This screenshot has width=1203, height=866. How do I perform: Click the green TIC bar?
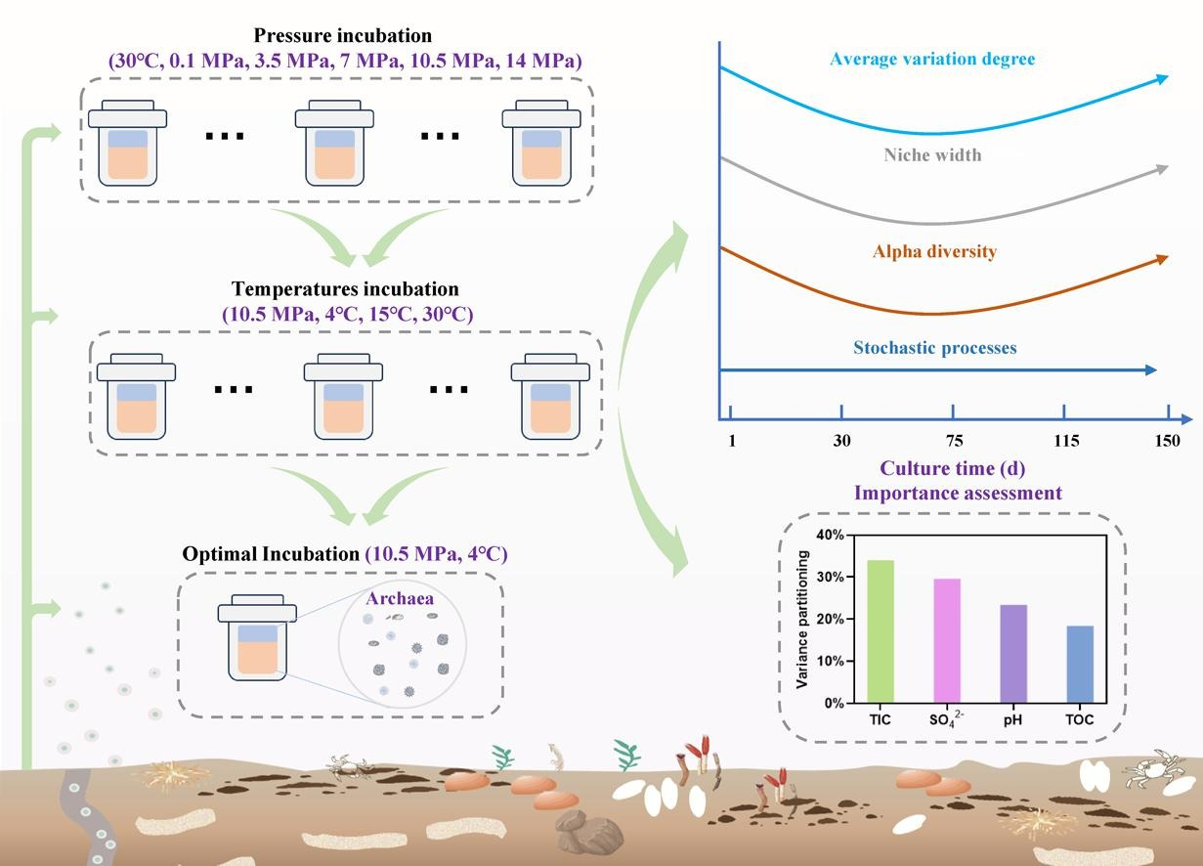[x=881, y=630]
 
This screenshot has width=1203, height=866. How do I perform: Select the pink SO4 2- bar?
[x=947, y=640]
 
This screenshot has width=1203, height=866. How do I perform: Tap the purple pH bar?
[x=1013, y=653]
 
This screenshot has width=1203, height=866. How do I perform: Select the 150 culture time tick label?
[x=1168, y=441]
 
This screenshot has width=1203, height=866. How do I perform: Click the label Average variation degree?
[x=931, y=60]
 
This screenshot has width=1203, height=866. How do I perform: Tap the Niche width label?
[x=932, y=154]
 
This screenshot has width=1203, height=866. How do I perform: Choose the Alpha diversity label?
[x=934, y=251]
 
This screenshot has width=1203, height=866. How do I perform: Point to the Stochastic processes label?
[x=934, y=347]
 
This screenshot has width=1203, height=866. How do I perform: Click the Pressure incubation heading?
[x=342, y=36]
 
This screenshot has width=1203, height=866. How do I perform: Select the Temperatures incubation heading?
[x=345, y=289]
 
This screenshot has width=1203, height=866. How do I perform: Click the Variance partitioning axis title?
[x=802, y=619]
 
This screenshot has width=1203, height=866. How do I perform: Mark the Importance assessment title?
[x=958, y=493]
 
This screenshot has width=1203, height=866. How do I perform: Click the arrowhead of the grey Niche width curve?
[x=1161, y=169]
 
